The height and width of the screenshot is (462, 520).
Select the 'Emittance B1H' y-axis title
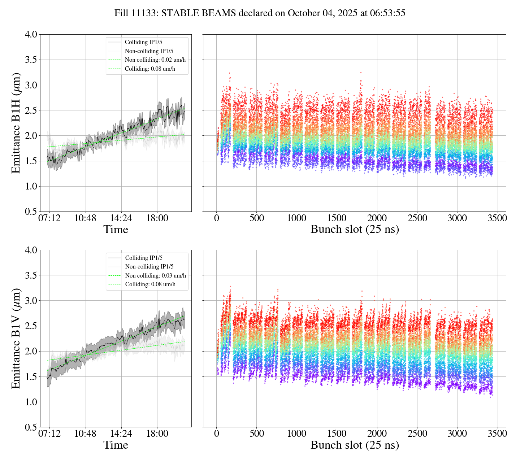click(x=16, y=123)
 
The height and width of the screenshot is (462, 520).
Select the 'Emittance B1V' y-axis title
click(x=16, y=339)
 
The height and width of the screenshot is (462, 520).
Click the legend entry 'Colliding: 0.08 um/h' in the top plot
click(x=150, y=69)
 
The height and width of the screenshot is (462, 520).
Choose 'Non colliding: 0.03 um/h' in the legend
click(x=156, y=275)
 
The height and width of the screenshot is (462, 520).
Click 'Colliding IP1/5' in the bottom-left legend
click(x=144, y=258)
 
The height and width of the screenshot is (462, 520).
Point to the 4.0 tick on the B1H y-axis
click(x=31, y=35)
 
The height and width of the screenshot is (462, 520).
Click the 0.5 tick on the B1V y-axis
click(x=31, y=427)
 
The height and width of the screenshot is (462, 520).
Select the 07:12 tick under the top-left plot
click(x=49, y=218)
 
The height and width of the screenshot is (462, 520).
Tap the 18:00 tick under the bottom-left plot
click(x=157, y=434)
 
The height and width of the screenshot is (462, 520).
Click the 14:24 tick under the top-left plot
click(x=121, y=218)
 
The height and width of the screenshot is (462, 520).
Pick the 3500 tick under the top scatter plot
click(x=497, y=218)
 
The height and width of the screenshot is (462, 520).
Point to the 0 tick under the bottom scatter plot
click(x=216, y=434)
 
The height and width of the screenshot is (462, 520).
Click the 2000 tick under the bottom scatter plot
click(x=377, y=434)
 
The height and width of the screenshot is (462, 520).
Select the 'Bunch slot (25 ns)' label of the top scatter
click(x=355, y=229)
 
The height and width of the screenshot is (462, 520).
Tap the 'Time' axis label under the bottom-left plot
click(x=116, y=445)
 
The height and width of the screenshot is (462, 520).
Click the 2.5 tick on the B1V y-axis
click(x=31, y=326)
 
